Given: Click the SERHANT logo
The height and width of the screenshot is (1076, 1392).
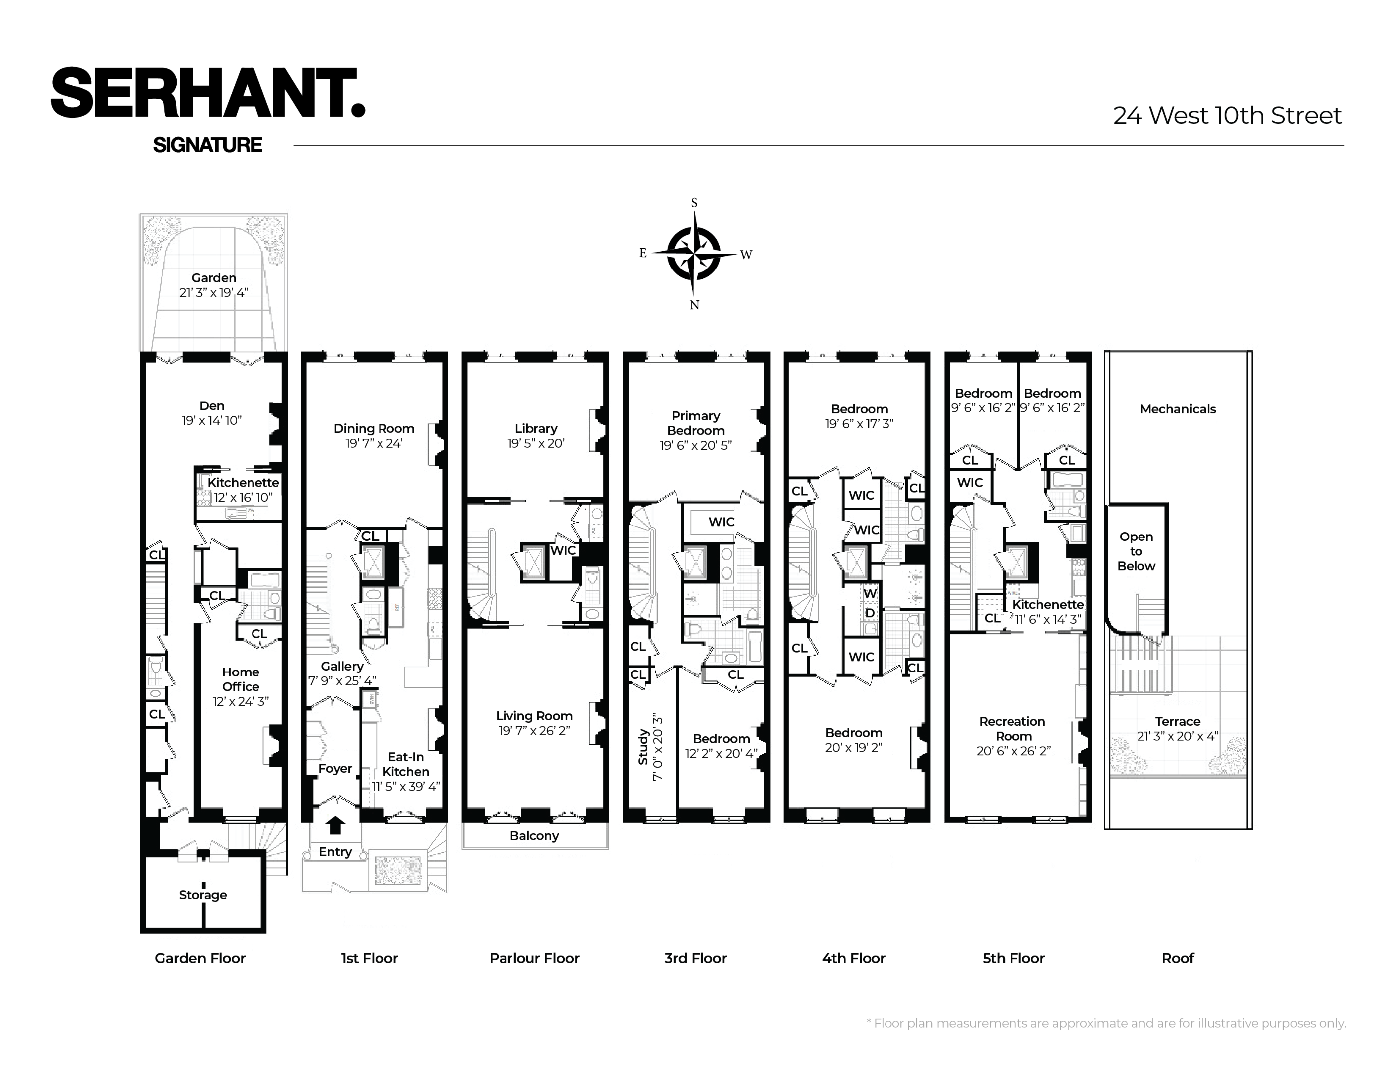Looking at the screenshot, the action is (208, 93).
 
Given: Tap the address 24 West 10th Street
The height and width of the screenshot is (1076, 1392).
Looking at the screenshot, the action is (1227, 116).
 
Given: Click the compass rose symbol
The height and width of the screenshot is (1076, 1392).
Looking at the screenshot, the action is (694, 253).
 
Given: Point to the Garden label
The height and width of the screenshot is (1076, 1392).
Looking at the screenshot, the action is (214, 278).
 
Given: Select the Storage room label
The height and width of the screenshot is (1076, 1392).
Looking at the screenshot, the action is (203, 895).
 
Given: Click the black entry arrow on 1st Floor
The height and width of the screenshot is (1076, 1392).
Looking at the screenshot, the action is (335, 825).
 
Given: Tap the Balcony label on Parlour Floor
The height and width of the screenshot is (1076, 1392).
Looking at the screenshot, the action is (534, 836).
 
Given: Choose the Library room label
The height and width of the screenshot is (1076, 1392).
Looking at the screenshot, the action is (536, 429).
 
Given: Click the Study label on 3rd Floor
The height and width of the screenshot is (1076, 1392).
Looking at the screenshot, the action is (643, 747).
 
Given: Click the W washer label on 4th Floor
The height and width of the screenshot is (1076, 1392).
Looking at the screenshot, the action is (870, 593).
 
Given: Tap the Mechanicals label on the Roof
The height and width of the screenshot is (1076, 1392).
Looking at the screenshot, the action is (1178, 409).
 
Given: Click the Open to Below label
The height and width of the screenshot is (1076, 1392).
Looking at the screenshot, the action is (1136, 551).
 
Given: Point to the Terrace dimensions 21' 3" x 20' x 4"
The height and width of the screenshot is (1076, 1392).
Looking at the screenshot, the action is (1178, 736).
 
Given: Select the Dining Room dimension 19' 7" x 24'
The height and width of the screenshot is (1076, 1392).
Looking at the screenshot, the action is (374, 444).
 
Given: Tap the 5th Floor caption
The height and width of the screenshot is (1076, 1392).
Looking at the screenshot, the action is (1013, 959).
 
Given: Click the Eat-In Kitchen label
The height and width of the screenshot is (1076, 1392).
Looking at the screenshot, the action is (406, 764).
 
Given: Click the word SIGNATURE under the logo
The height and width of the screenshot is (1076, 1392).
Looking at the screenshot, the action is (208, 145).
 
